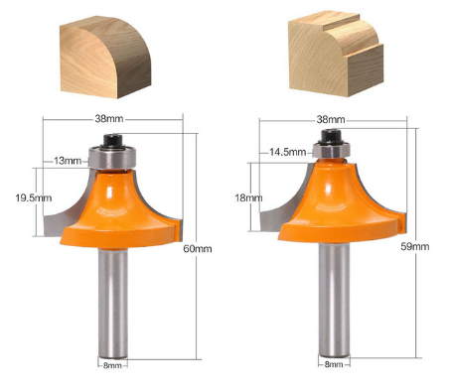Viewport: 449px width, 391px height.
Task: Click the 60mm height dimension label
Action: pyautogui.click(x=198, y=249)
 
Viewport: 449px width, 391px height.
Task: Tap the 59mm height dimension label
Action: pyautogui.click(x=415, y=246)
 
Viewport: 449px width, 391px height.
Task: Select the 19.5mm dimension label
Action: pyautogui.click(x=34, y=197)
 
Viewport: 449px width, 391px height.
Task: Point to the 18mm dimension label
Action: pyautogui.click(x=248, y=197)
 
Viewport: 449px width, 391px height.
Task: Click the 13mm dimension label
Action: pyautogui.click(x=68, y=161)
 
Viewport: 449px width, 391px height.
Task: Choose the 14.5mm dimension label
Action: pyautogui.click(x=288, y=152)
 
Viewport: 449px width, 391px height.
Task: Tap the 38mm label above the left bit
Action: pyautogui.click(x=109, y=118)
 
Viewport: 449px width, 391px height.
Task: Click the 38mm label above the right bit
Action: pyautogui.click(x=331, y=119)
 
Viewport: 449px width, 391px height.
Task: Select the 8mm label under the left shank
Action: pyautogui.click(x=112, y=365)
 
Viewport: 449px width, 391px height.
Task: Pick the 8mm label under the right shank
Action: pyautogui.click(x=334, y=364)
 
